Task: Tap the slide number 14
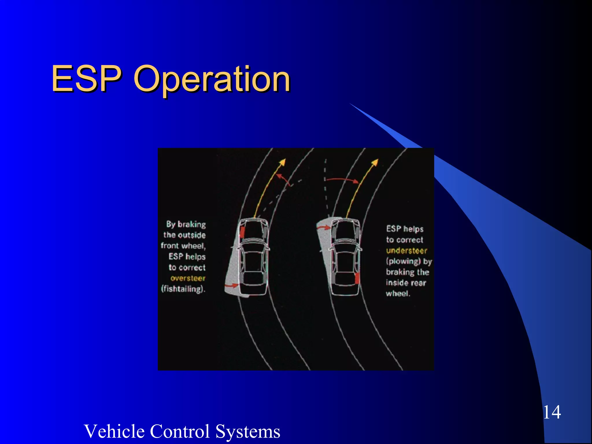pyautogui.click(x=552, y=412)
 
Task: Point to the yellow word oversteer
pyautogui.click(x=188, y=278)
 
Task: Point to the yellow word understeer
pyautogui.click(x=406, y=250)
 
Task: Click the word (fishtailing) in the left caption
pyautogui.click(x=183, y=289)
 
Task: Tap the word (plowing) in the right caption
pyautogui.click(x=403, y=261)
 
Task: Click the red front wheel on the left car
pyautogui.click(x=242, y=232)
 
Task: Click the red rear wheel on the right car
pyautogui.click(x=357, y=278)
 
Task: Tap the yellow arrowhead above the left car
pyautogui.click(x=283, y=162)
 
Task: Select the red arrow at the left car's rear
pyautogui.click(x=232, y=286)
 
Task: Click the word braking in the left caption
pyautogui.click(x=192, y=224)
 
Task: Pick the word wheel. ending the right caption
pyautogui.click(x=398, y=294)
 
